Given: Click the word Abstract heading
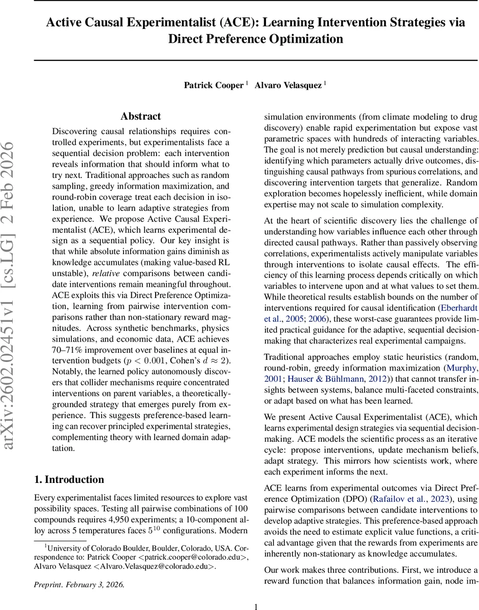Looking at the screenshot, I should (140, 116).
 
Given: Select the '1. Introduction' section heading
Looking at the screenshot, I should (69, 479).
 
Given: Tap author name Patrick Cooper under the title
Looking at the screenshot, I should (214, 85).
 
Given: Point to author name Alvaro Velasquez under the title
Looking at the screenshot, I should (288, 85).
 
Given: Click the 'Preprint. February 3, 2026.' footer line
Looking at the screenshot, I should (79, 584).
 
